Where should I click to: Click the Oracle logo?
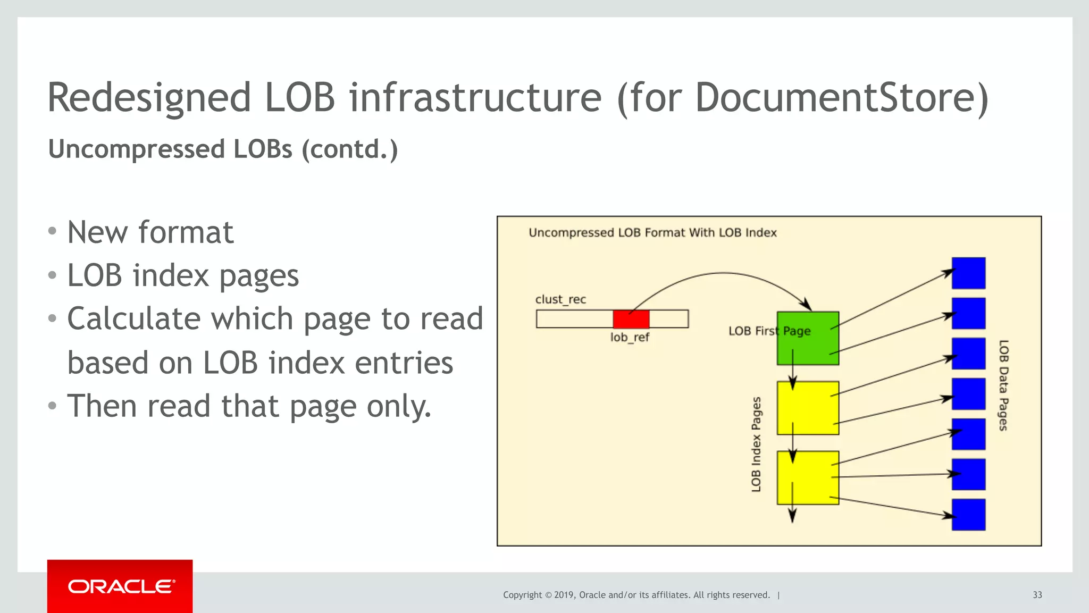tap(120, 586)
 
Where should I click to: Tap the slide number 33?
tap(1037, 595)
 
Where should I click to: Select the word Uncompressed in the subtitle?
tap(136, 149)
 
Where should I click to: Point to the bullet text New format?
tap(150, 232)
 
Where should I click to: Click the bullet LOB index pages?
tap(183, 276)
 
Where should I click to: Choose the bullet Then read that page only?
tap(249, 406)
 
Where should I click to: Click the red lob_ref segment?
tap(631, 319)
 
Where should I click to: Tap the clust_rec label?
tap(560, 299)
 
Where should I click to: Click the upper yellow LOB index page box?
tap(808, 408)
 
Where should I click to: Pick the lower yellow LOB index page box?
tap(808, 477)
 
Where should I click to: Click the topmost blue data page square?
tap(968, 273)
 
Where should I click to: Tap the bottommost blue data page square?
tap(968, 515)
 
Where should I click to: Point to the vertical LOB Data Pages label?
tap(1003, 385)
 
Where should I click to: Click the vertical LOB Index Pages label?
tap(756, 444)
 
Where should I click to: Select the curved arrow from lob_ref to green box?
tap(723, 273)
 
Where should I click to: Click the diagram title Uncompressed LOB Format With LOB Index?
tap(652, 233)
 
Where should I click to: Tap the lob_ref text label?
tap(630, 338)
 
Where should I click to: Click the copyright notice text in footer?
tap(636, 595)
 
